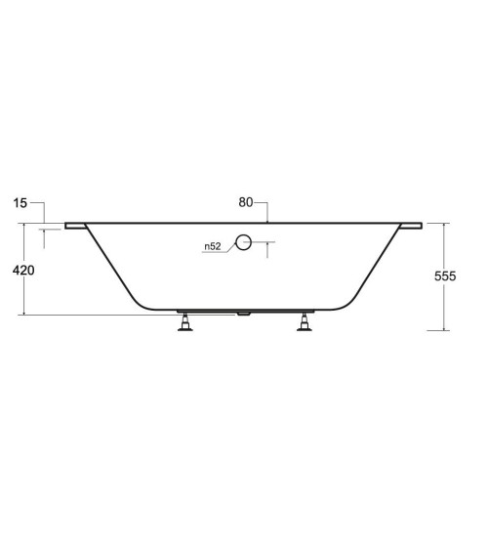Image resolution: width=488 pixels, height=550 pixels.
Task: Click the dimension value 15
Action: pyautogui.click(x=20, y=203)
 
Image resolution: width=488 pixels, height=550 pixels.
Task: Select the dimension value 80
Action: pyautogui.click(x=246, y=202)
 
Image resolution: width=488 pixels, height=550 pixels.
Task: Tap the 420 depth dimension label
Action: pyautogui.click(x=23, y=270)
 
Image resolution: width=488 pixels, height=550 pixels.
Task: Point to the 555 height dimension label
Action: pyautogui.click(x=445, y=276)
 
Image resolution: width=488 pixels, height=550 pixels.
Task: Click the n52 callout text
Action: pyautogui.click(x=213, y=246)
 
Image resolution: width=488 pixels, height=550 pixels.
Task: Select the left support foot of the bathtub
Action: pyautogui.click(x=185, y=322)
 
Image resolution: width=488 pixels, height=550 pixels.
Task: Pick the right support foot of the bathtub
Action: pyautogui.click(x=305, y=322)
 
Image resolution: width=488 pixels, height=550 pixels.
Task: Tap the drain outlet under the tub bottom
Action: pyautogui.click(x=243, y=314)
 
